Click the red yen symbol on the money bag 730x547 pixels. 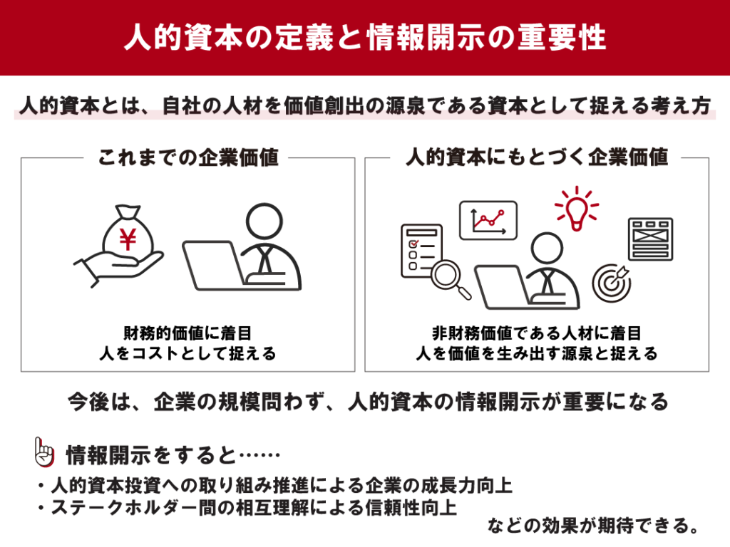[128, 239]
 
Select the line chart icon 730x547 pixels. [488, 221]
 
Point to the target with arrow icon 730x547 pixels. [612, 282]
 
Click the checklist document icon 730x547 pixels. [421, 251]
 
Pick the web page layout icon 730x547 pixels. [650, 239]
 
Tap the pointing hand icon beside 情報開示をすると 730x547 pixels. [44, 452]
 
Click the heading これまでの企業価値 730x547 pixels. [188, 157]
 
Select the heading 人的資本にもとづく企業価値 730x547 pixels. [537, 157]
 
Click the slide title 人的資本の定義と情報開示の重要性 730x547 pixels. [365, 37]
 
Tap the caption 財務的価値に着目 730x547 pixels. [187, 333]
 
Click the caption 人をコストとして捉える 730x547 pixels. [187, 353]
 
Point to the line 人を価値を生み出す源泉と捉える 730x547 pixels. [537, 353]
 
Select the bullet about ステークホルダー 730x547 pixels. [247, 507]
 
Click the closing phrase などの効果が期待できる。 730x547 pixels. [594, 526]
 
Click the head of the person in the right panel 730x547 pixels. [547, 248]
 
